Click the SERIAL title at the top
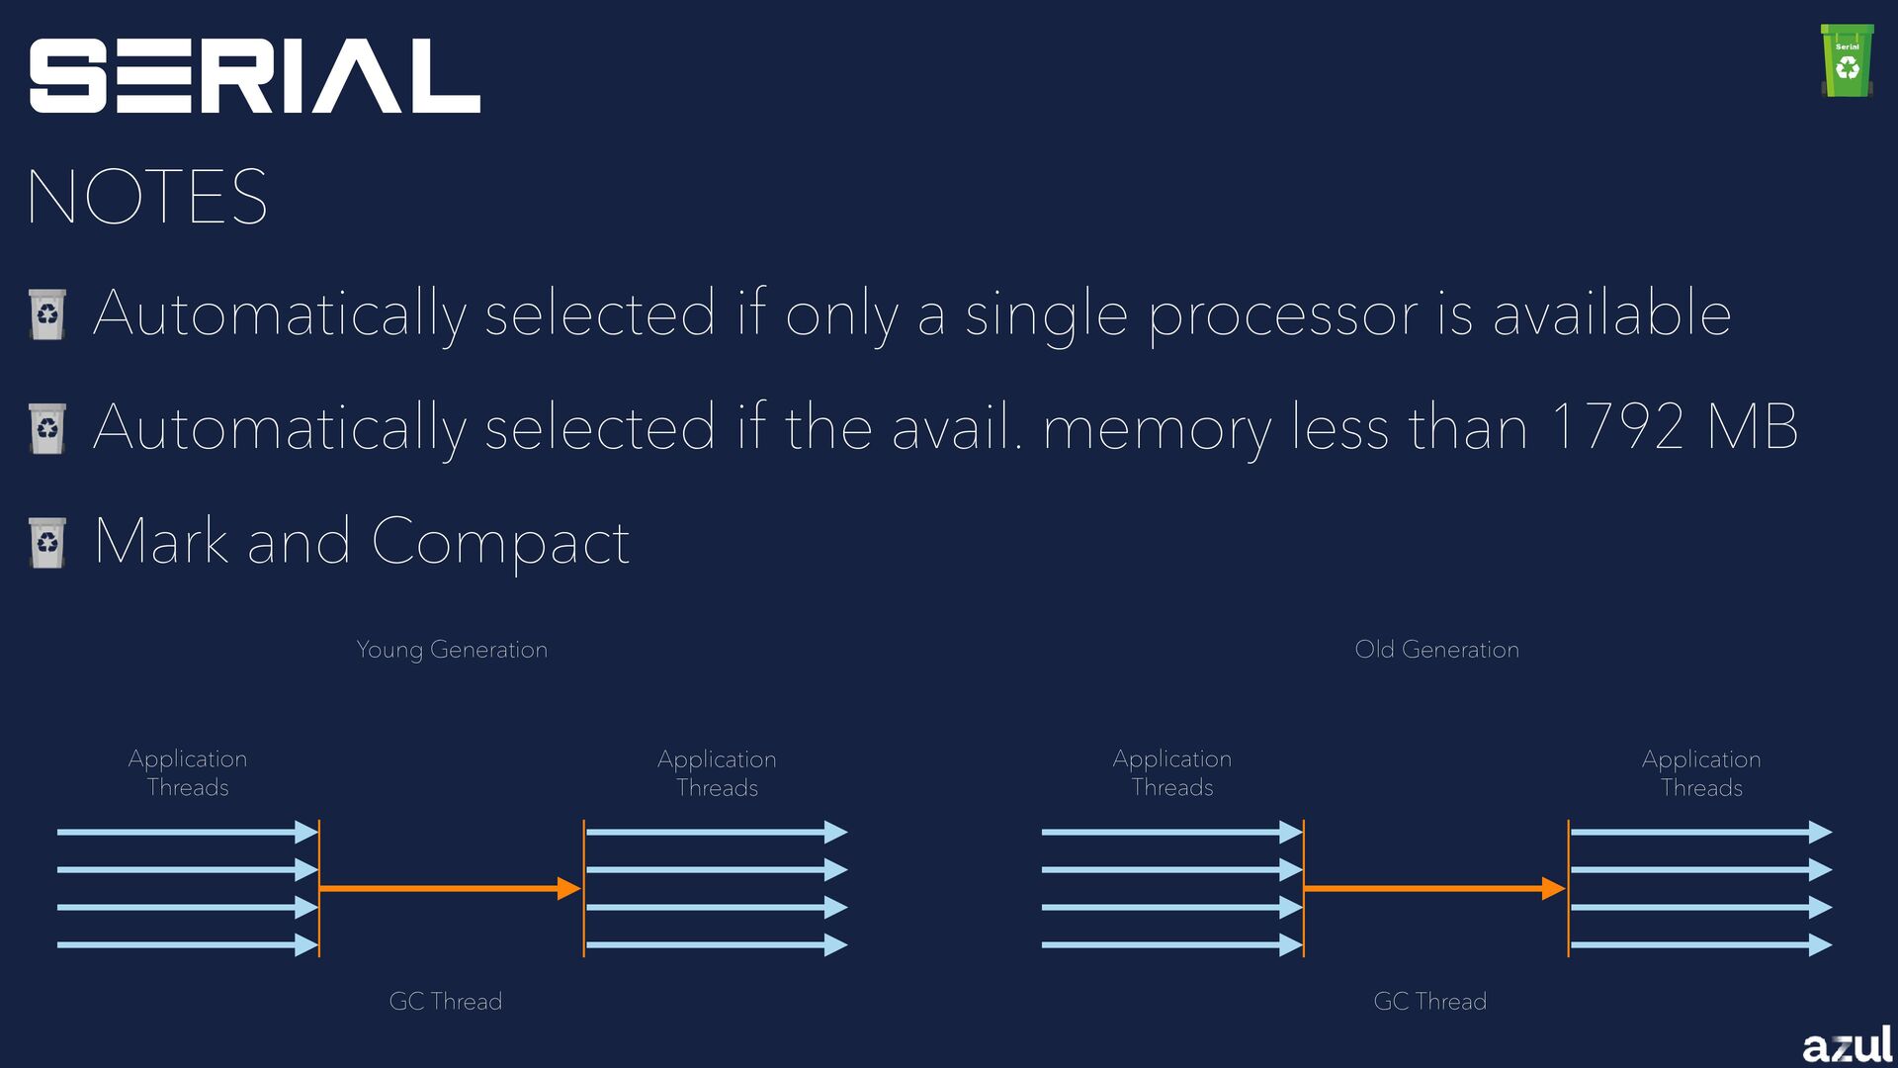254,76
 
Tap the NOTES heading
147,197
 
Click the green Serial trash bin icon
1847,61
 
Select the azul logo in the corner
1847,1044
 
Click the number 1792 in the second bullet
1617,427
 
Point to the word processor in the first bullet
1283,314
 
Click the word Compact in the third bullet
500,542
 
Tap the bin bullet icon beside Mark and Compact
47,542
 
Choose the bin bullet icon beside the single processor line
47,314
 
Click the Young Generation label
452,650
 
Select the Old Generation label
1436,650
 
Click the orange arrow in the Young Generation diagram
450,888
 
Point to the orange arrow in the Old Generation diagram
1434,888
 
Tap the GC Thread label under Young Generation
446,1001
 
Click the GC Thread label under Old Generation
1429,1001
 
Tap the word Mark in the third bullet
162,542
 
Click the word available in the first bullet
1611,314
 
